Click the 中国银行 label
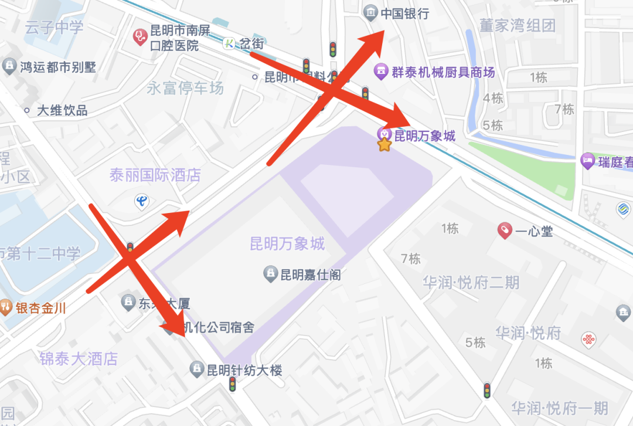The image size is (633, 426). point(405,13)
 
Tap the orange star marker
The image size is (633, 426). point(384,144)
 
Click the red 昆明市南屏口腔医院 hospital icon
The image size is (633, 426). point(139,36)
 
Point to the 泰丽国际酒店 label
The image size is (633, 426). point(155,175)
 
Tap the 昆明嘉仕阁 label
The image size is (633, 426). point(310,274)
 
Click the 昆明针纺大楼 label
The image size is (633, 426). point(244,370)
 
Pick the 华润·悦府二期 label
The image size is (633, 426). point(471,283)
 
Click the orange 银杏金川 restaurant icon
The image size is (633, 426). point(5,307)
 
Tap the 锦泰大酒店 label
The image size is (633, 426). point(79,359)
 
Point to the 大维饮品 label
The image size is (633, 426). point(62,110)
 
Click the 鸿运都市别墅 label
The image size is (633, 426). point(58,67)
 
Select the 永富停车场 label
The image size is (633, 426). point(185,88)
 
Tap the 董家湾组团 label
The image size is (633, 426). point(517,25)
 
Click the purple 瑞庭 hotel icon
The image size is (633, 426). point(587,161)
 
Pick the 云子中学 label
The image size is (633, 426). point(54,27)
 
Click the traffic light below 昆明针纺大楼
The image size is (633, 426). point(233,384)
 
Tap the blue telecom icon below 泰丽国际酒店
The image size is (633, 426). point(141,202)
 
